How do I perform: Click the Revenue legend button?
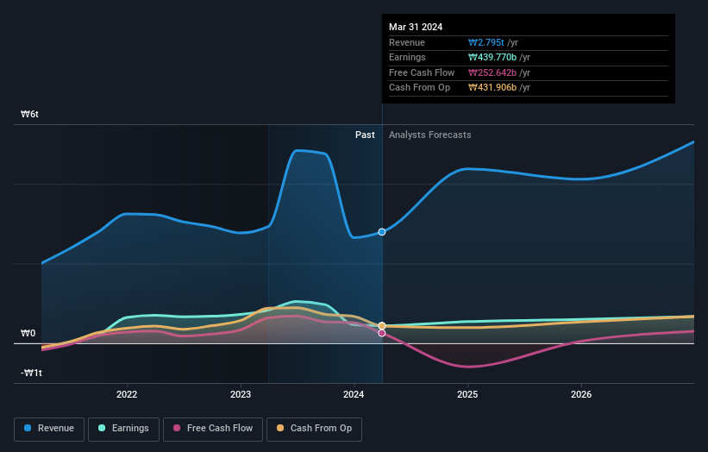tap(48, 429)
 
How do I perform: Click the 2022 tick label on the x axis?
tap(127, 395)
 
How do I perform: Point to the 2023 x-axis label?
tap(241, 395)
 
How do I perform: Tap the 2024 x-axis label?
tap(354, 395)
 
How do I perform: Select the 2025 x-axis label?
tap(467, 395)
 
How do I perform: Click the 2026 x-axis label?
tap(581, 395)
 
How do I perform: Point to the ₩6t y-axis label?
tap(30, 114)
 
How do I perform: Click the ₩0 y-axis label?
tap(28, 333)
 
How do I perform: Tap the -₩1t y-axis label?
tap(32, 373)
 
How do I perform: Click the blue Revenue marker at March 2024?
tap(382, 232)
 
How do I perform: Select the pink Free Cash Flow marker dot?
tap(382, 333)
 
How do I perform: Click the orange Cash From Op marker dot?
tap(382, 326)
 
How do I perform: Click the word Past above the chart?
tap(365, 135)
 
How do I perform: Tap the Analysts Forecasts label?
tap(429, 135)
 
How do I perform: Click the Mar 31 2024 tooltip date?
tap(416, 27)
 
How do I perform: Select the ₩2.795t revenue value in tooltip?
tap(486, 42)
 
